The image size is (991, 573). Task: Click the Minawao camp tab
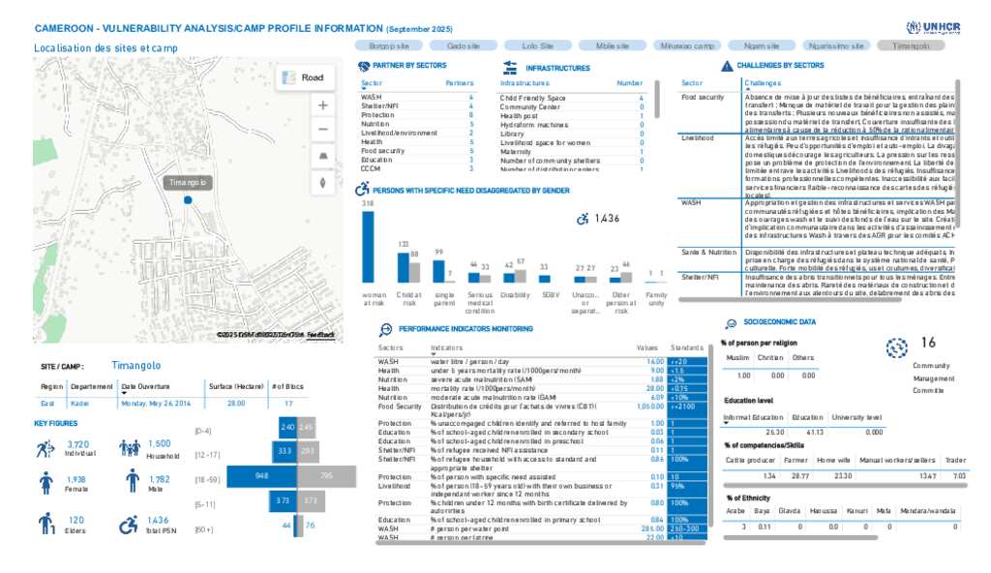tap(687, 45)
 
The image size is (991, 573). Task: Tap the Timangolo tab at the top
tap(912, 45)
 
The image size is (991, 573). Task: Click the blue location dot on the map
tap(188, 199)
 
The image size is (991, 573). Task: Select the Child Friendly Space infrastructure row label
tap(532, 98)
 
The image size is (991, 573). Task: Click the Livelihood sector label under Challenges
tap(698, 137)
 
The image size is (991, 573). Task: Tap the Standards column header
tap(686, 346)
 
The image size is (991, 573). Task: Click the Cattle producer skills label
tap(749, 461)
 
